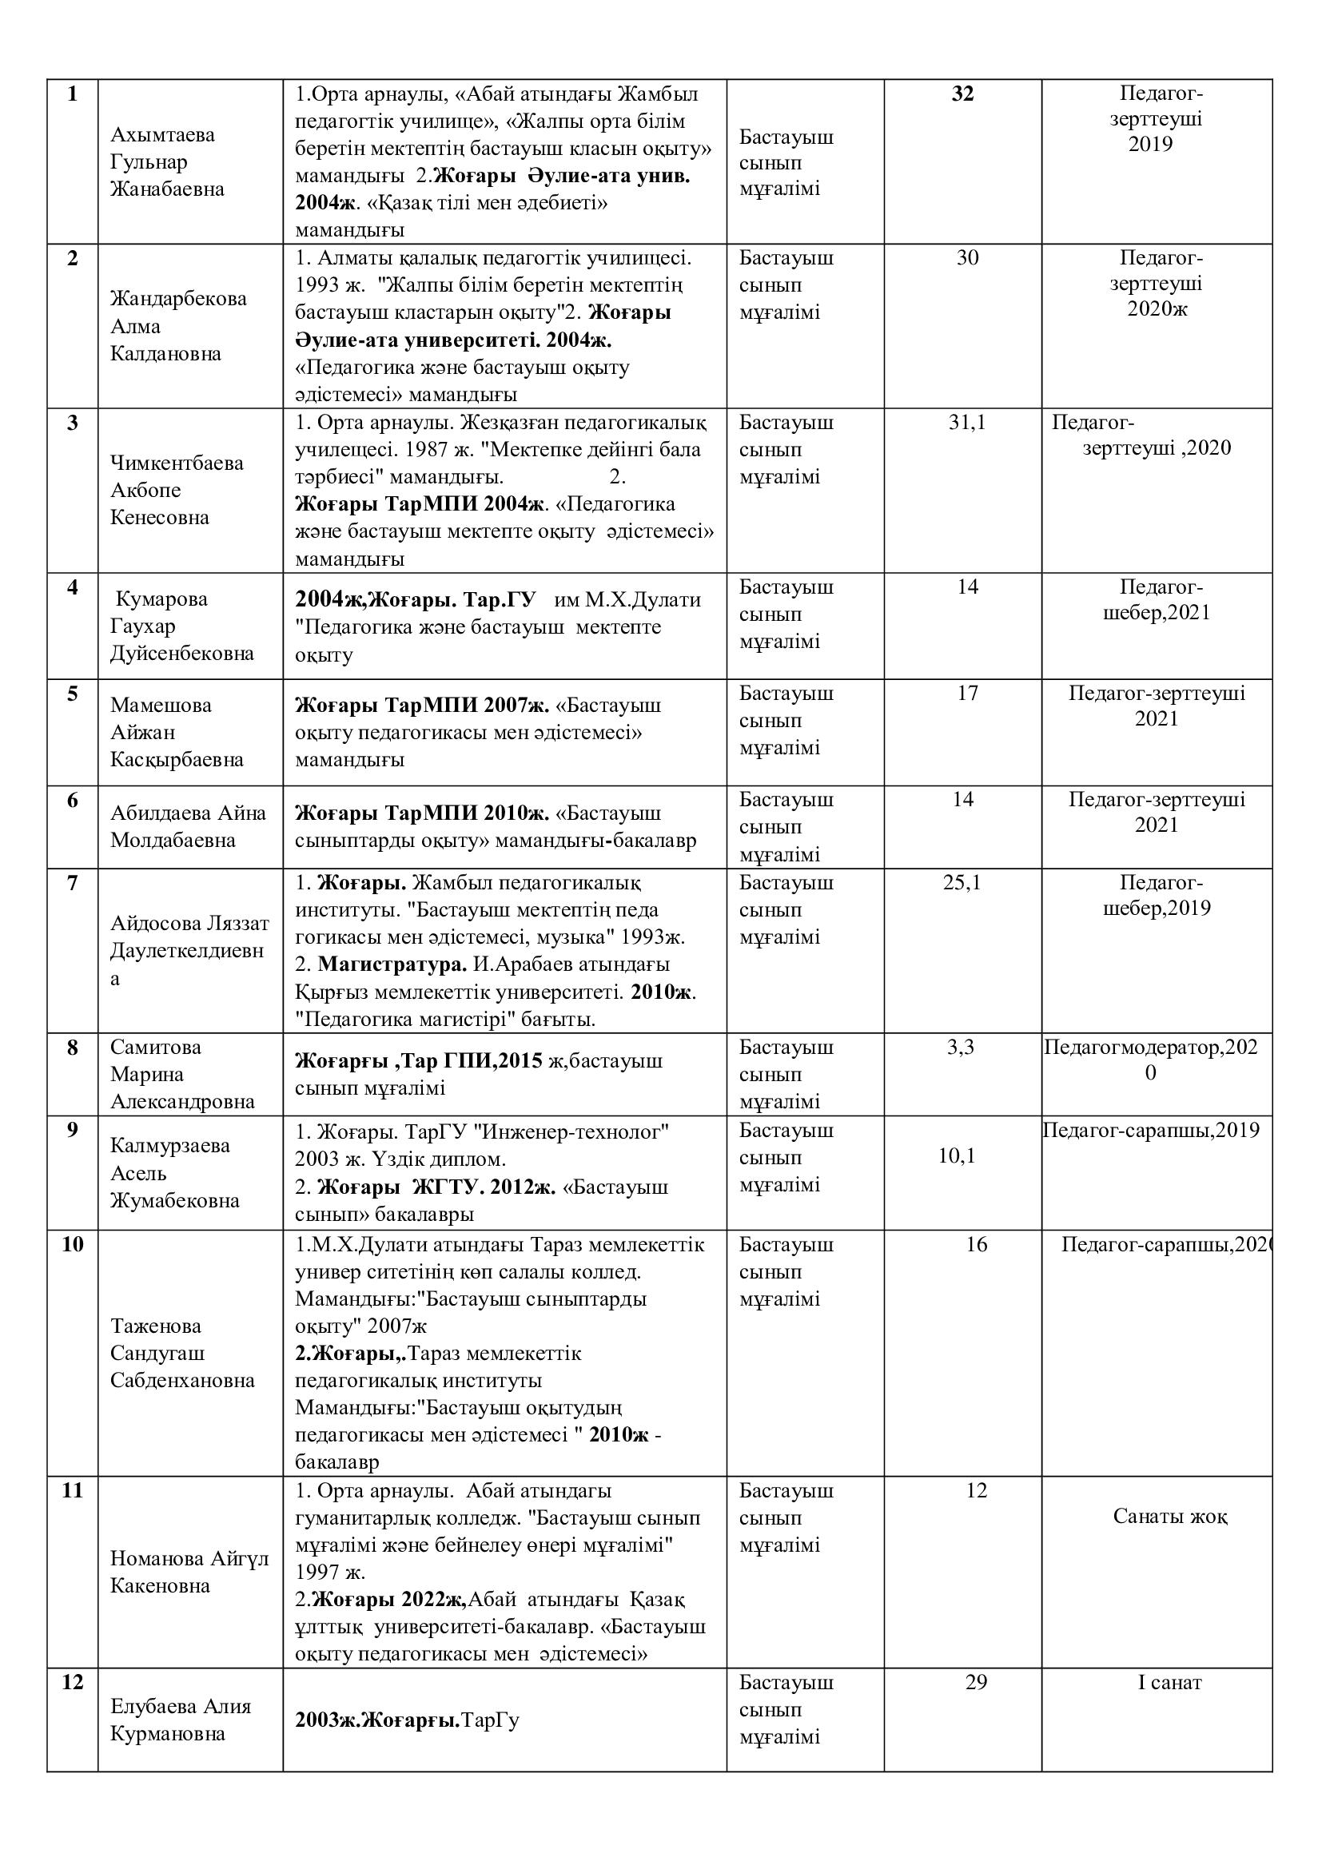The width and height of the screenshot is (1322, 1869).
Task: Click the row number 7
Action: pos(73,882)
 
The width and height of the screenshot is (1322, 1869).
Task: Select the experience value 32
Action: pos(962,93)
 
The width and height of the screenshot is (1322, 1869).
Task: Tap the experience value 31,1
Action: pos(966,423)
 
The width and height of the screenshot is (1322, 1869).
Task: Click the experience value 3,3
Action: pos(961,1047)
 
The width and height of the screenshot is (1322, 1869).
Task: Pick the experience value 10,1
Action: pos(957,1156)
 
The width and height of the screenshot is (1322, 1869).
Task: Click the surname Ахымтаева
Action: pos(162,134)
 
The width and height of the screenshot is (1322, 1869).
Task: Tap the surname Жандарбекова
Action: pos(178,298)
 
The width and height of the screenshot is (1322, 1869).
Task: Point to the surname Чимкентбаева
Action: pos(177,463)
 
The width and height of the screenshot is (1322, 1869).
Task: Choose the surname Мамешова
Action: pos(161,705)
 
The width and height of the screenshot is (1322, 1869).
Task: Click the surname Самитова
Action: pos(156,1047)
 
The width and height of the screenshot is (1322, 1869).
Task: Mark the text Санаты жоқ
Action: pos(1170,1517)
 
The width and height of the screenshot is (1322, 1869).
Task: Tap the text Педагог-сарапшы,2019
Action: pos(1150,1130)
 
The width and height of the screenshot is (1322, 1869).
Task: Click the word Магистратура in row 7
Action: pos(392,964)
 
